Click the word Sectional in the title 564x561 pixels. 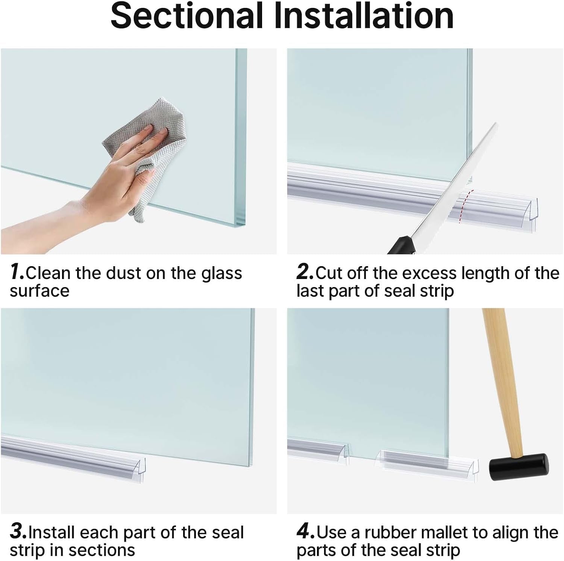(186, 16)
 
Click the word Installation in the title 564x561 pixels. (363, 16)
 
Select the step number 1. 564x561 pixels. (17, 272)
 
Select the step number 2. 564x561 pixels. (304, 272)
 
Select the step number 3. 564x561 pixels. (18, 532)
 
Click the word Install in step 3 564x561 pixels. (52, 532)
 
